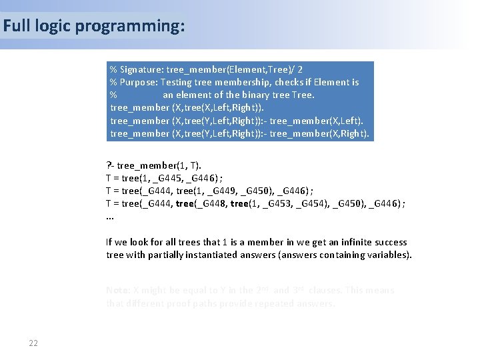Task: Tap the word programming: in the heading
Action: pos(130,27)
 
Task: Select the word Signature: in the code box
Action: pos(141,69)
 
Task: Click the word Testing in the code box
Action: pos(177,82)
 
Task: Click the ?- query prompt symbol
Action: pos(110,165)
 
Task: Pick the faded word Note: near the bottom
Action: pos(119,290)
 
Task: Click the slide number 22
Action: pos(33,343)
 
